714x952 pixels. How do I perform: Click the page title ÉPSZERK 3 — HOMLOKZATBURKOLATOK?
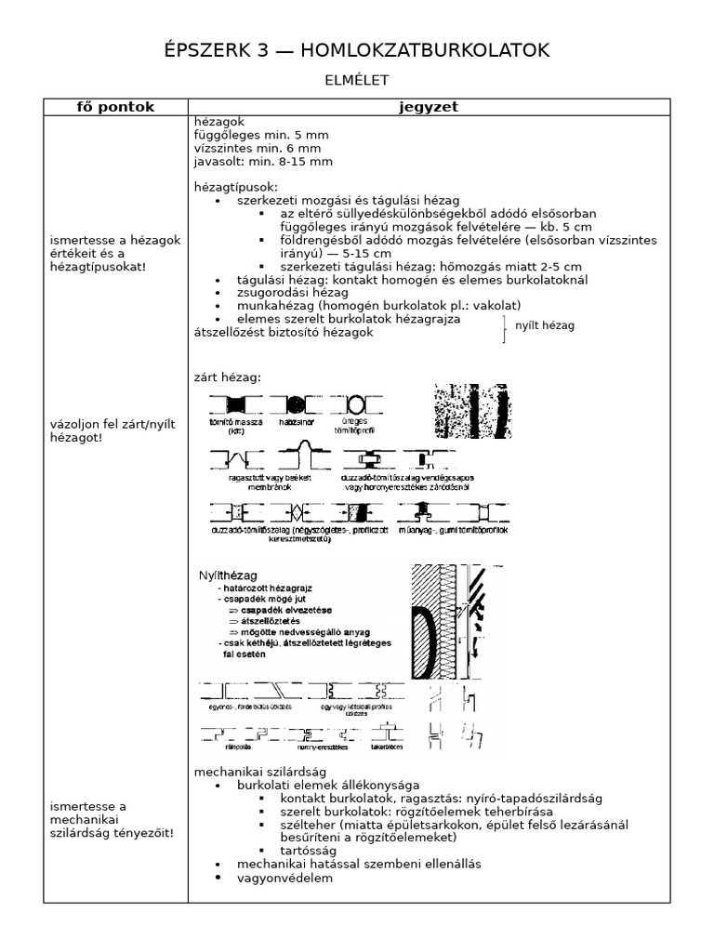356,50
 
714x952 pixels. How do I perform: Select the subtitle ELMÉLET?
356,81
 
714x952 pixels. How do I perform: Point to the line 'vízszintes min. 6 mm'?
258,148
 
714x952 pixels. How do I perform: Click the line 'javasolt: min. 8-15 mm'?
263,161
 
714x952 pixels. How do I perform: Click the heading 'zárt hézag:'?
228,377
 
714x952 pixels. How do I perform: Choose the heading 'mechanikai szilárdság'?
259,771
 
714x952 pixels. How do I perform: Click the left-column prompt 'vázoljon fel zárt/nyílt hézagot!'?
101,430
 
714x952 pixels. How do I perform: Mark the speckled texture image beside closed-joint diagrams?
472,412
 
